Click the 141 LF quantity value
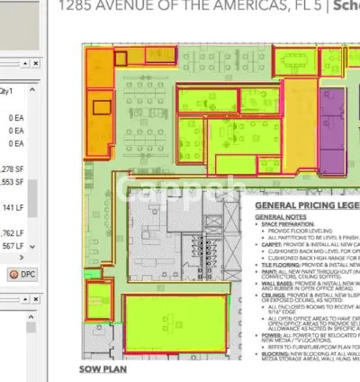point(14,207)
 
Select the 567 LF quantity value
point(13,245)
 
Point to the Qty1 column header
point(30,92)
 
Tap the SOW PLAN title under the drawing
point(103,368)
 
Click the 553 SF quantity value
point(13,181)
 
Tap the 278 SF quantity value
point(13,168)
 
